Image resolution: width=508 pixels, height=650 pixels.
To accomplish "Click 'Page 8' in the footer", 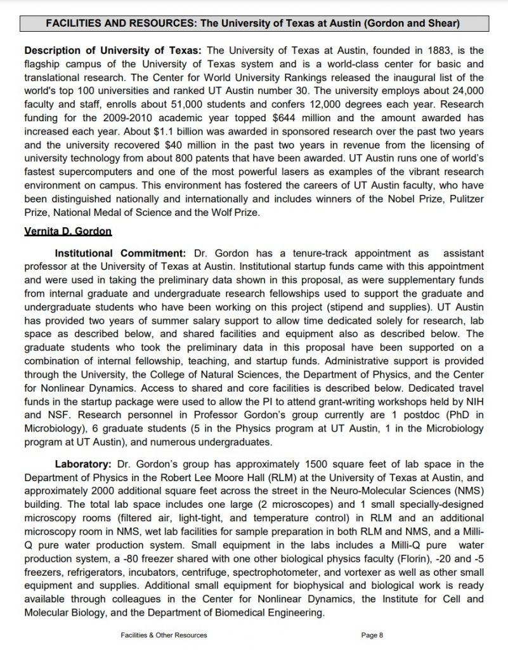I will [x=372, y=634].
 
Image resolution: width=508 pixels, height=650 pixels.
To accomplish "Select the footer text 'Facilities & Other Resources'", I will [x=164, y=634].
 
